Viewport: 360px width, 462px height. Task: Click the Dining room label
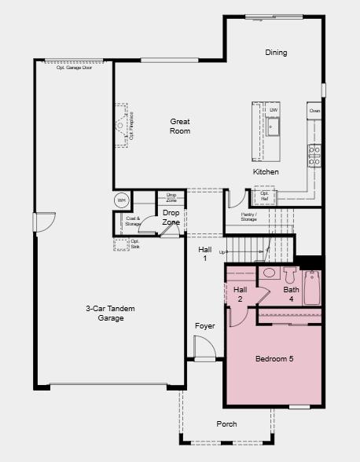point(276,53)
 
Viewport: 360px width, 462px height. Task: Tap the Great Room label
point(180,126)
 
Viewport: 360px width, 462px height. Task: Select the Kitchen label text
point(266,171)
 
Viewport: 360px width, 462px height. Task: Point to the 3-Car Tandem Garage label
point(105,313)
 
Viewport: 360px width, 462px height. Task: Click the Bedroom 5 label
point(274,359)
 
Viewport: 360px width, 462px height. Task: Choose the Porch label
point(226,424)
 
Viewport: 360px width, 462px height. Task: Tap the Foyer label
point(205,325)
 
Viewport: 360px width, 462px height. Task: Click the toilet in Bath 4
point(289,276)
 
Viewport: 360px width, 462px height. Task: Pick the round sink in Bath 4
point(269,273)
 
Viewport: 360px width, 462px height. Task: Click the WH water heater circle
point(122,200)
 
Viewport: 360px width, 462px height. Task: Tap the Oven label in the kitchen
point(314,112)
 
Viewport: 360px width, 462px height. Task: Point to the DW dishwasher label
point(273,109)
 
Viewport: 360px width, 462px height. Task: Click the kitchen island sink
point(274,126)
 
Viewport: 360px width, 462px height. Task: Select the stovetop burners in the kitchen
point(314,152)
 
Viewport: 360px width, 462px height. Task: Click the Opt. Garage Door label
point(79,68)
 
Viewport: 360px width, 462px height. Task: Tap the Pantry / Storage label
point(248,217)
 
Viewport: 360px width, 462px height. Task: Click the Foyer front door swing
point(203,347)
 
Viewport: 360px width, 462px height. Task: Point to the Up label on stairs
point(222,251)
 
